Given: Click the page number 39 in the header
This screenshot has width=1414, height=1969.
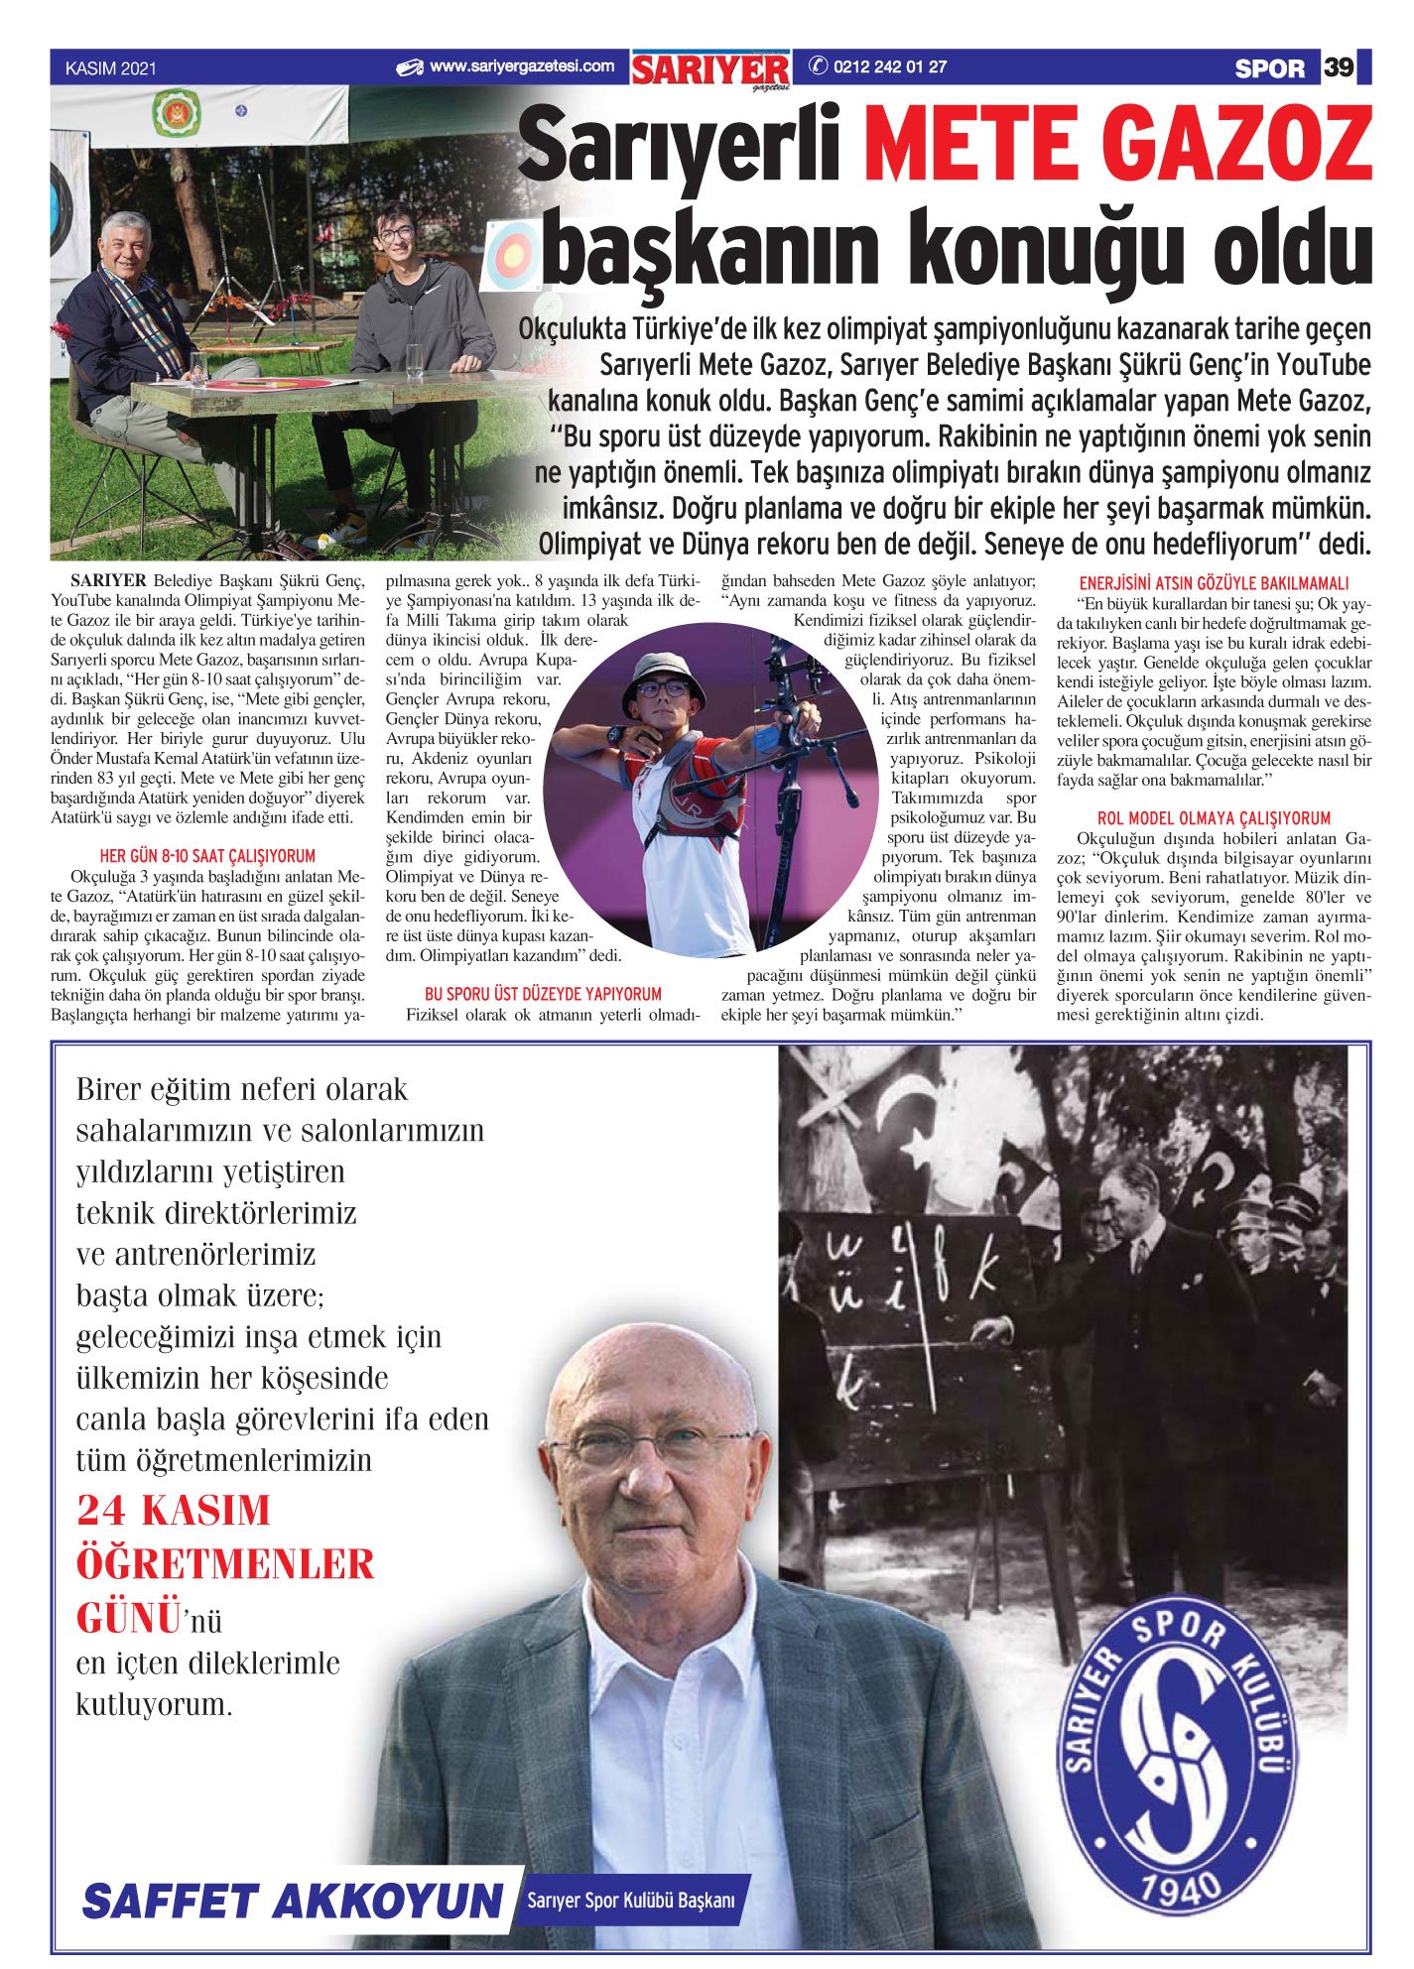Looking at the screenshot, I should tap(1339, 67).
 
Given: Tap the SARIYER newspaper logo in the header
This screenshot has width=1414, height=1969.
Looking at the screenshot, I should tap(710, 69).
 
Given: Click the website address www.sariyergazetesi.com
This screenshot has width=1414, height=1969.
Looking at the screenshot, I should tap(522, 67).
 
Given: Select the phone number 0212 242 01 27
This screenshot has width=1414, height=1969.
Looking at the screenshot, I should tap(889, 67).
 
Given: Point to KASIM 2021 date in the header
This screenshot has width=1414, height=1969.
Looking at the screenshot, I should tap(110, 68).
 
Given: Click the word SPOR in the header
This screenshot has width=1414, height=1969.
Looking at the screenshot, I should tap(1269, 68).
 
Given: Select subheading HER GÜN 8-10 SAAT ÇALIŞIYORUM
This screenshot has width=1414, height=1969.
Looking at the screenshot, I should tap(207, 855).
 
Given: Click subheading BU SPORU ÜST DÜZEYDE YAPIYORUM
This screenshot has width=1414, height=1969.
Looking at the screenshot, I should tap(543, 993).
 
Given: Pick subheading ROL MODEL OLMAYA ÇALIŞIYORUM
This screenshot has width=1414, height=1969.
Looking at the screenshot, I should tap(1214, 818).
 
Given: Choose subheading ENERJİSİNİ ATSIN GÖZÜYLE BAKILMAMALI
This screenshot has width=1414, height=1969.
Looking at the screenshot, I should tap(1214, 583).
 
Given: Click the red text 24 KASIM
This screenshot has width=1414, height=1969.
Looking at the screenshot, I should tap(174, 1511).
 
